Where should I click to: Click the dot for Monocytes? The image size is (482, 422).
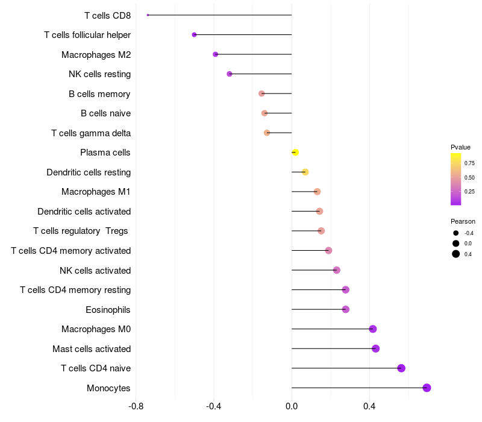click(x=427, y=388)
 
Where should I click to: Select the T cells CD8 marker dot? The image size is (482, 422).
click(x=148, y=15)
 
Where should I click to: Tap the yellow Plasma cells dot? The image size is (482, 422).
click(x=295, y=153)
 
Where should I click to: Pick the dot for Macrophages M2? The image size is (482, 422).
click(x=215, y=54)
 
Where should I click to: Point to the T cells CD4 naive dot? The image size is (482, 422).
click(x=401, y=368)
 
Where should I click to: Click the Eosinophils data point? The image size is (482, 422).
click(x=345, y=309)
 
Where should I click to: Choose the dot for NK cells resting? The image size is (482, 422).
click(x=229, y=74)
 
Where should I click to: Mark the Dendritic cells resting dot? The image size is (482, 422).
click(x=305, y=172)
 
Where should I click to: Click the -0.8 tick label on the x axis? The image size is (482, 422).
click(x=136, y=406)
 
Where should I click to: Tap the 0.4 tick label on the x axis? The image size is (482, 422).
click(x=369, y=406)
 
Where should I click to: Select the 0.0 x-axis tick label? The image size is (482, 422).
click(x=292, y=406)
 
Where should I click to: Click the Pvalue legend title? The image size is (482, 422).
click(x=460, y=147)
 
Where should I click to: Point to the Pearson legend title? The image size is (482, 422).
click(x=463, y=221)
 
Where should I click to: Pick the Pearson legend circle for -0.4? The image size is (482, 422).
click(x=456, y=233)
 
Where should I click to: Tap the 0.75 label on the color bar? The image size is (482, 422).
click(x=469, y=163)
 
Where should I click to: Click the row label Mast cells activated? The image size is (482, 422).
click(x=92, y=349)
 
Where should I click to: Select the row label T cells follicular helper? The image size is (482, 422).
click(x=87, y=35)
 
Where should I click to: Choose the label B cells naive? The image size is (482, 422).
click(x=105, y=113)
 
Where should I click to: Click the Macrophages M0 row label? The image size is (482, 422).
click(x=96, y=329)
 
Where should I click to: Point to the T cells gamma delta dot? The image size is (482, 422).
click(x=267, y=133)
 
